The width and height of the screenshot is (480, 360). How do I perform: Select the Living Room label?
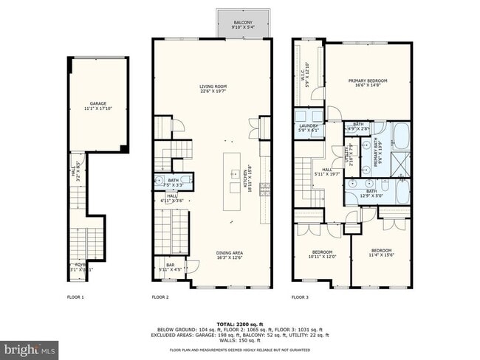pos(212,89)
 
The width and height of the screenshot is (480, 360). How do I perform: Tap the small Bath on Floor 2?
pos(174,181)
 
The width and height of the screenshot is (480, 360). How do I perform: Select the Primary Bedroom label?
pos(368,83)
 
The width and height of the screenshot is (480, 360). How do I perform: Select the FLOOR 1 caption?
pos(76,297)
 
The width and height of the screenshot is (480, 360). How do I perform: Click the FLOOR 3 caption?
pos(299,297)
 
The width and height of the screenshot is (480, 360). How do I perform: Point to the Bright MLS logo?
pos(30,347)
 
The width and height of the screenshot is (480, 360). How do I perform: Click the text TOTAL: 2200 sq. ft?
pos(240,324)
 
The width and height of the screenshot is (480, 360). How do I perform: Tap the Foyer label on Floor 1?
pos(80,267)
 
